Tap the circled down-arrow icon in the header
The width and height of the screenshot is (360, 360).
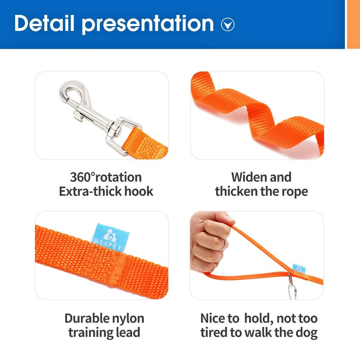[x=228, y=24]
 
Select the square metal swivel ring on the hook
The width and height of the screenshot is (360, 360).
[x=121, y=130]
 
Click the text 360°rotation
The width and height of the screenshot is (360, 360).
[x=106, y=177]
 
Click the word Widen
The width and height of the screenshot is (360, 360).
[x=248, y=177]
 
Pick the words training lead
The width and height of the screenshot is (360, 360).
[x=104, y=333]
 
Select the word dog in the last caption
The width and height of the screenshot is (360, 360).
[x=308, y=333]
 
